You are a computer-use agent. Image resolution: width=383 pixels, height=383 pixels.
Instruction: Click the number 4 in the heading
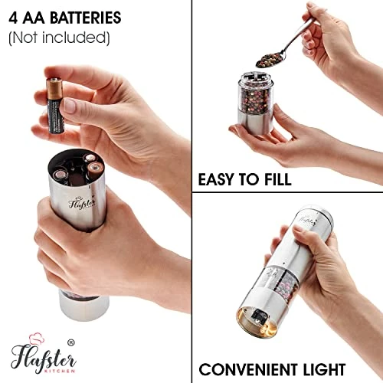[x=13, y=16]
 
